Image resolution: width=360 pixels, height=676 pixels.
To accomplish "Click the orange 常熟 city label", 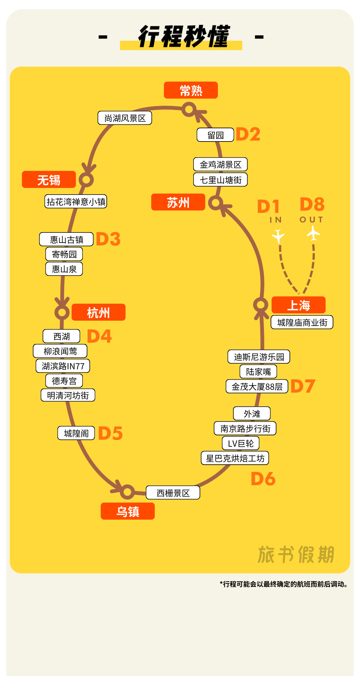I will [191, 90].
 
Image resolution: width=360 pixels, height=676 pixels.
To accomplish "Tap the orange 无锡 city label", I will [49, 180].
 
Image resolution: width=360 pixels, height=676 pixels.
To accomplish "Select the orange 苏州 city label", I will [178, 202].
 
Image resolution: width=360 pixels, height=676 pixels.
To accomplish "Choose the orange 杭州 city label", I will [99, 312].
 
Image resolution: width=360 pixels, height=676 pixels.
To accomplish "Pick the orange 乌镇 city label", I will [128, 511].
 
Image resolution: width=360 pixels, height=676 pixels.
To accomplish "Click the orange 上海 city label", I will [298, 305].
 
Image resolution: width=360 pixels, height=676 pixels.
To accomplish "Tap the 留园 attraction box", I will [215, 135].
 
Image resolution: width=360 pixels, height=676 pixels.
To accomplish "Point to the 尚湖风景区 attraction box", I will [125, 118].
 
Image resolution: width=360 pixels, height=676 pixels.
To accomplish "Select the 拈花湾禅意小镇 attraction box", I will [76, 202].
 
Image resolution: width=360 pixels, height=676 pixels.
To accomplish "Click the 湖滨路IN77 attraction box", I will [63, 366].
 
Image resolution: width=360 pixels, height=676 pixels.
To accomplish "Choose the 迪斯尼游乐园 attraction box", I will [259, 357].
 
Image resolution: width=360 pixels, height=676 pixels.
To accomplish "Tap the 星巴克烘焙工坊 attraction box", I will [235, 458].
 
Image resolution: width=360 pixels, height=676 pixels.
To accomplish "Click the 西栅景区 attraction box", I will [173, 493].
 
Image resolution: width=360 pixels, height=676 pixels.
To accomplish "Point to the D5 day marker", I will [110, 433].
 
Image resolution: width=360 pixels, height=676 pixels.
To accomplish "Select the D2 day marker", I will [248, 134].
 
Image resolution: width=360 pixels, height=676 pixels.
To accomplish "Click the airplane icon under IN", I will [278, 236].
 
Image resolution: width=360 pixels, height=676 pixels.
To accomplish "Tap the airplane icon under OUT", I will [313, 234].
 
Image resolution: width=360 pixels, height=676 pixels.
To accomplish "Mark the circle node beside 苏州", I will [216, 202].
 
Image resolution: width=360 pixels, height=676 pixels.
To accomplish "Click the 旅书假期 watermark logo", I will [296, 555].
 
